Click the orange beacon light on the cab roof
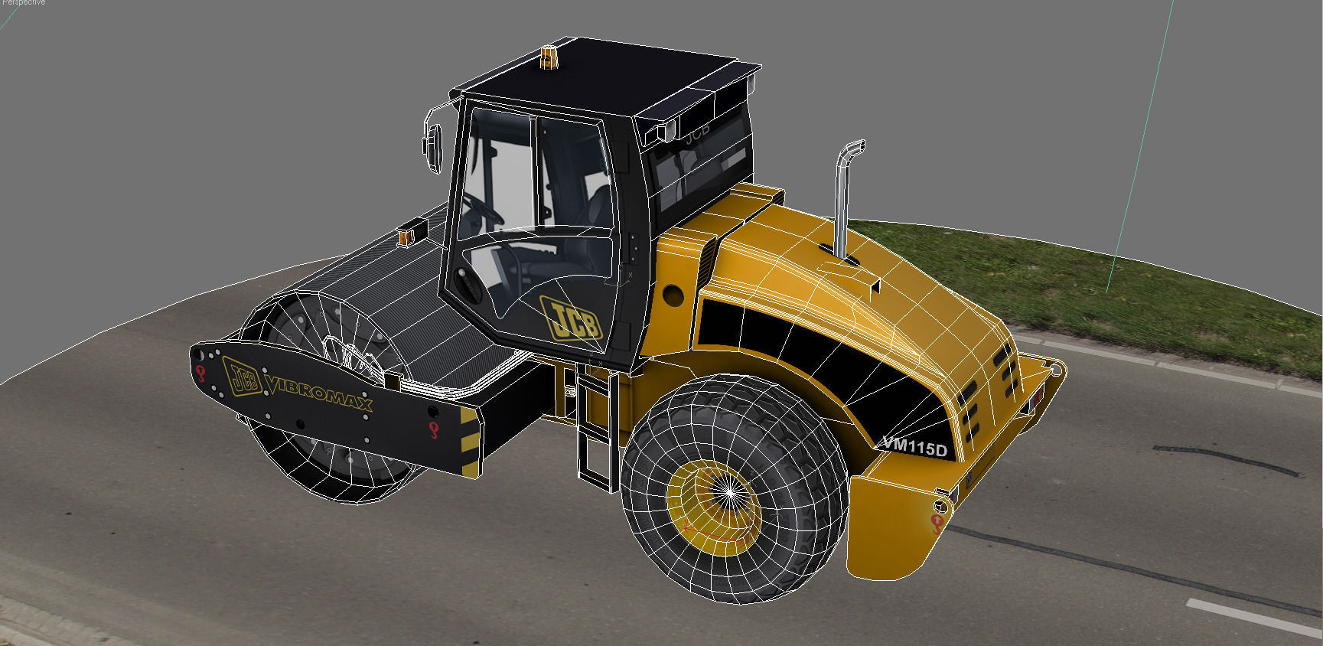pyautogui.click(x=549, y=57)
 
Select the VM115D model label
pyautogui.click(x=915, y=446)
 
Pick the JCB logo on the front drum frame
pyautogui.click(x=243, y=377)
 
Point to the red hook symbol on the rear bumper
pyautogui.click(x=937, y=523)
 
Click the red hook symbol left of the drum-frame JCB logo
pyautogui.click(x=201, y=373)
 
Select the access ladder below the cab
pyautogui.click(x=596, y=432)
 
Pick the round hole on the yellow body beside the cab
pyautogui.click(x=673, y=293)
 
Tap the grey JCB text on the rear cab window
pyautogui.click(x=696, y=132)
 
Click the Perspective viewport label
pyautogui.click(x=23, y=3)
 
